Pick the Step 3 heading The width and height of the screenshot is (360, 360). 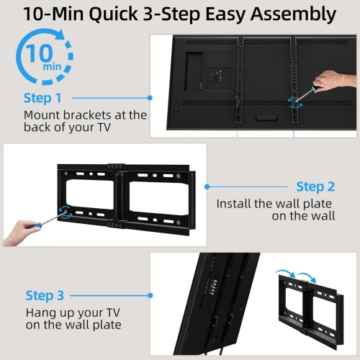[45, 295]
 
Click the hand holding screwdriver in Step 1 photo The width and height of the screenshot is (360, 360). [336, 81]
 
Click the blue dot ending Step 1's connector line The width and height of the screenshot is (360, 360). [150, 96]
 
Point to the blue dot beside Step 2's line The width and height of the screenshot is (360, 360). [207, 186]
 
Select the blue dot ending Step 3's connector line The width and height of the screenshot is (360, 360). [150, 295]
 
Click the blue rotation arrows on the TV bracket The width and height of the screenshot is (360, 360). [292, 102]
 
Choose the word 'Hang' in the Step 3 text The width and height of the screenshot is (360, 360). [40, 313]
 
